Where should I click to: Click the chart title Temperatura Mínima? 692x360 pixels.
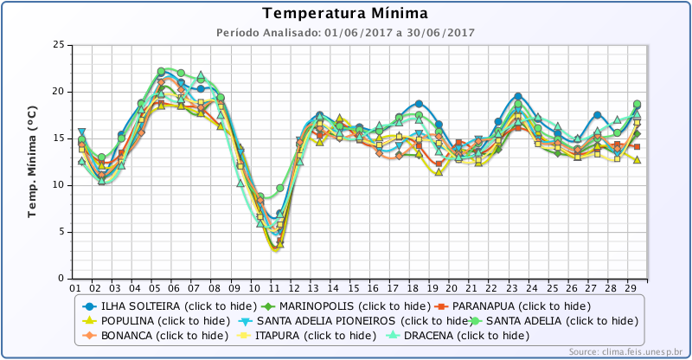tap(344, 14)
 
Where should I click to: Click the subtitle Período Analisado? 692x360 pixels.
tap(344, 32)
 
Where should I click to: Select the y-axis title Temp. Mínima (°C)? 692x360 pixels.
tap(33, 161)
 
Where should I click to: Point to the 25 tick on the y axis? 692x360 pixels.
tap(58, 45)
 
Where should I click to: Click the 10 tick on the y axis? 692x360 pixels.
tap(58, 185)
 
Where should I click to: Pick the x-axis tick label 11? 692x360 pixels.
tap(275, 287)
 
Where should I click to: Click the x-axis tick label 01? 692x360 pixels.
tap(75, 287)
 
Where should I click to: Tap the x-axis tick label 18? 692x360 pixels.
tap(415, 287)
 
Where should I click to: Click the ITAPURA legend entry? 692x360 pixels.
tap(294, 335)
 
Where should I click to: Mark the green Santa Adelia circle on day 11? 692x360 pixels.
tap(279, 188)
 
